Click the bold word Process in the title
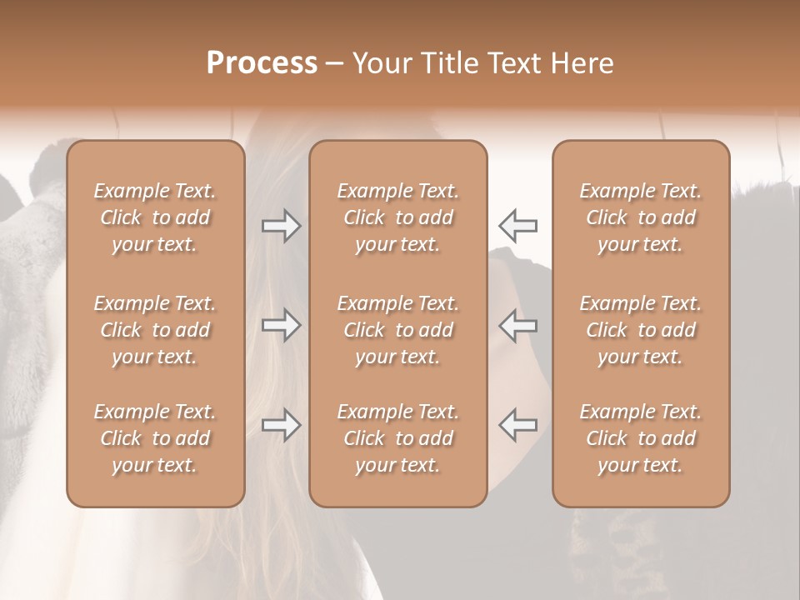pos(262,63)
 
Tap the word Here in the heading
pos(583,63)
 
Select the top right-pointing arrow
pos(281,226)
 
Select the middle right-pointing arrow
pos(281,325)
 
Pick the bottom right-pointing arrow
pos(281,425)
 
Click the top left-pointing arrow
pos(518,226)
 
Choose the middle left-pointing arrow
pos(518,325)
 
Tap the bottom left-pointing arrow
pos(518,425)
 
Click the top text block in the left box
pos(155,217)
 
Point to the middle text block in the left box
pos(155,330)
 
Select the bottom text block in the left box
pos(155,438)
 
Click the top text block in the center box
pos(398,217)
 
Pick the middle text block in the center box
pos(398,330)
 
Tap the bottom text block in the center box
pos(398,438)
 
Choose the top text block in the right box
pos(641,217)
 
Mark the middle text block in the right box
pos(641,330)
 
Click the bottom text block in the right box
pos(641,438)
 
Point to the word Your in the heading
pos(381,63)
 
